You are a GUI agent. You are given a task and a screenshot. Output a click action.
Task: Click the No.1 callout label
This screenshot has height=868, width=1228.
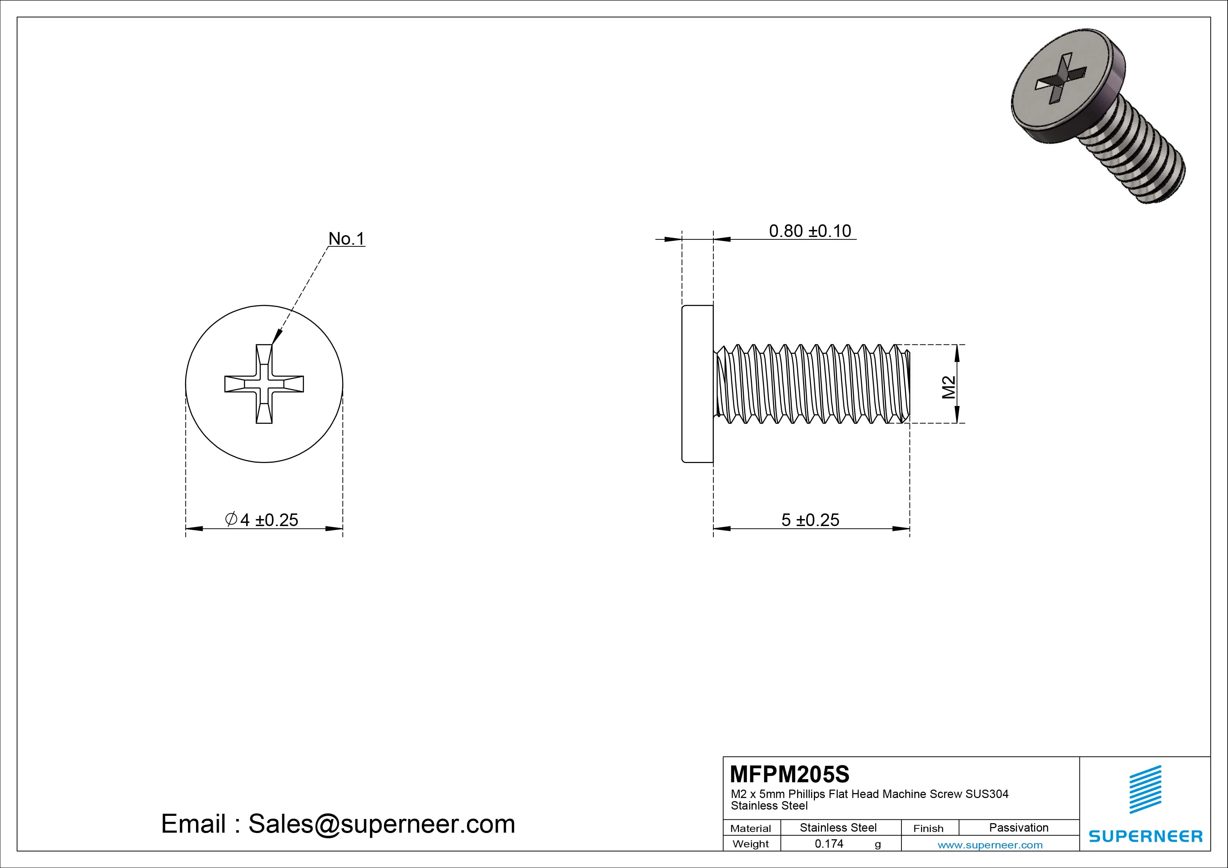346,239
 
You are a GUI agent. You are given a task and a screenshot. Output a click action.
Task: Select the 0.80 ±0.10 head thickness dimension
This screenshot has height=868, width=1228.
809,231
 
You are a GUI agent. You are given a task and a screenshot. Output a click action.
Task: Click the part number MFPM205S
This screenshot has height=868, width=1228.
789,774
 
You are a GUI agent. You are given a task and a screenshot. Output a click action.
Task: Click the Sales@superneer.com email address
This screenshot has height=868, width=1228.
381,824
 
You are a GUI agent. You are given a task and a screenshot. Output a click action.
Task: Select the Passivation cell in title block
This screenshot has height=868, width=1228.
1018,827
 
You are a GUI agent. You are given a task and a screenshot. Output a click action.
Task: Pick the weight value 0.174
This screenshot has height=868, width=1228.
829,843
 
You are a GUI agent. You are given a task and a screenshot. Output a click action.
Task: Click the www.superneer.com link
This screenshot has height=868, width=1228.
990,845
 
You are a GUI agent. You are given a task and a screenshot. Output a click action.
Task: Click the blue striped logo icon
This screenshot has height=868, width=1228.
1145,789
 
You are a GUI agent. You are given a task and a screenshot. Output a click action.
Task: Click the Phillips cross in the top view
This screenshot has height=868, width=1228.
264,384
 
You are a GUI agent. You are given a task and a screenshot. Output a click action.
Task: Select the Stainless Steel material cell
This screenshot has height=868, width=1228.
838,827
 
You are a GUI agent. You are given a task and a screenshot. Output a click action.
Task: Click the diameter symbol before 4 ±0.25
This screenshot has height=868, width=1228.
231,519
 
